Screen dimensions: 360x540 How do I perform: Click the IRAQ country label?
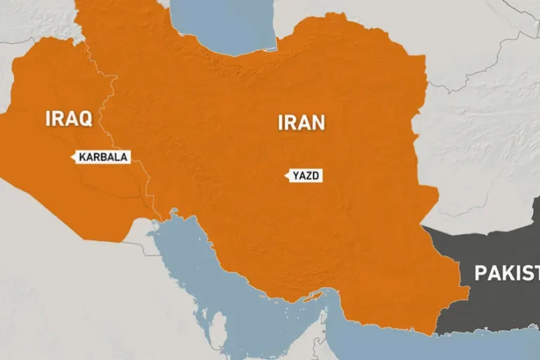pyautogui.click(x=68, y=118)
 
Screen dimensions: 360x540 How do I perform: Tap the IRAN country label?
pyautogui.click(x=301, y=122)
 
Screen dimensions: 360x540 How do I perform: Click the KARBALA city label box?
pyautogui.click(x=102, y=157)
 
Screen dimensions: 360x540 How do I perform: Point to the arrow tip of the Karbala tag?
pyautogui.click(x=72, y=157)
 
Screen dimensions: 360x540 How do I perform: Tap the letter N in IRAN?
pyautogui.click(x=318, y=122)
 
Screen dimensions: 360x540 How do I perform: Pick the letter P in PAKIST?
pyautogui.click(x=480, y=273)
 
